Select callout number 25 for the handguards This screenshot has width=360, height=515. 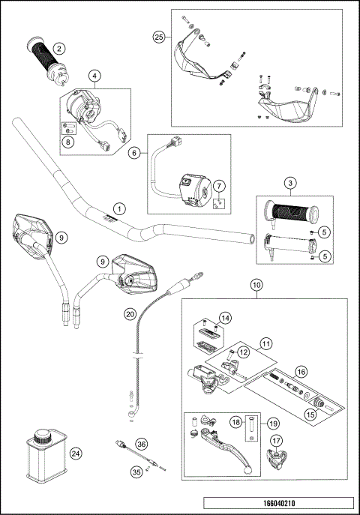coord(157,37)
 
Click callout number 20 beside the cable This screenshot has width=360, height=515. coord(135,152)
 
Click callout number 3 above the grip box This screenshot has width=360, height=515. coord(289,183)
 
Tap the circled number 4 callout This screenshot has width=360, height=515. coord(94,76)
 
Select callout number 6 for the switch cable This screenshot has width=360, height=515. coord(135,152)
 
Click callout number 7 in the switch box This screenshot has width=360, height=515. coord(219,185)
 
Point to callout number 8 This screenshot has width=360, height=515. coord(68,141)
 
